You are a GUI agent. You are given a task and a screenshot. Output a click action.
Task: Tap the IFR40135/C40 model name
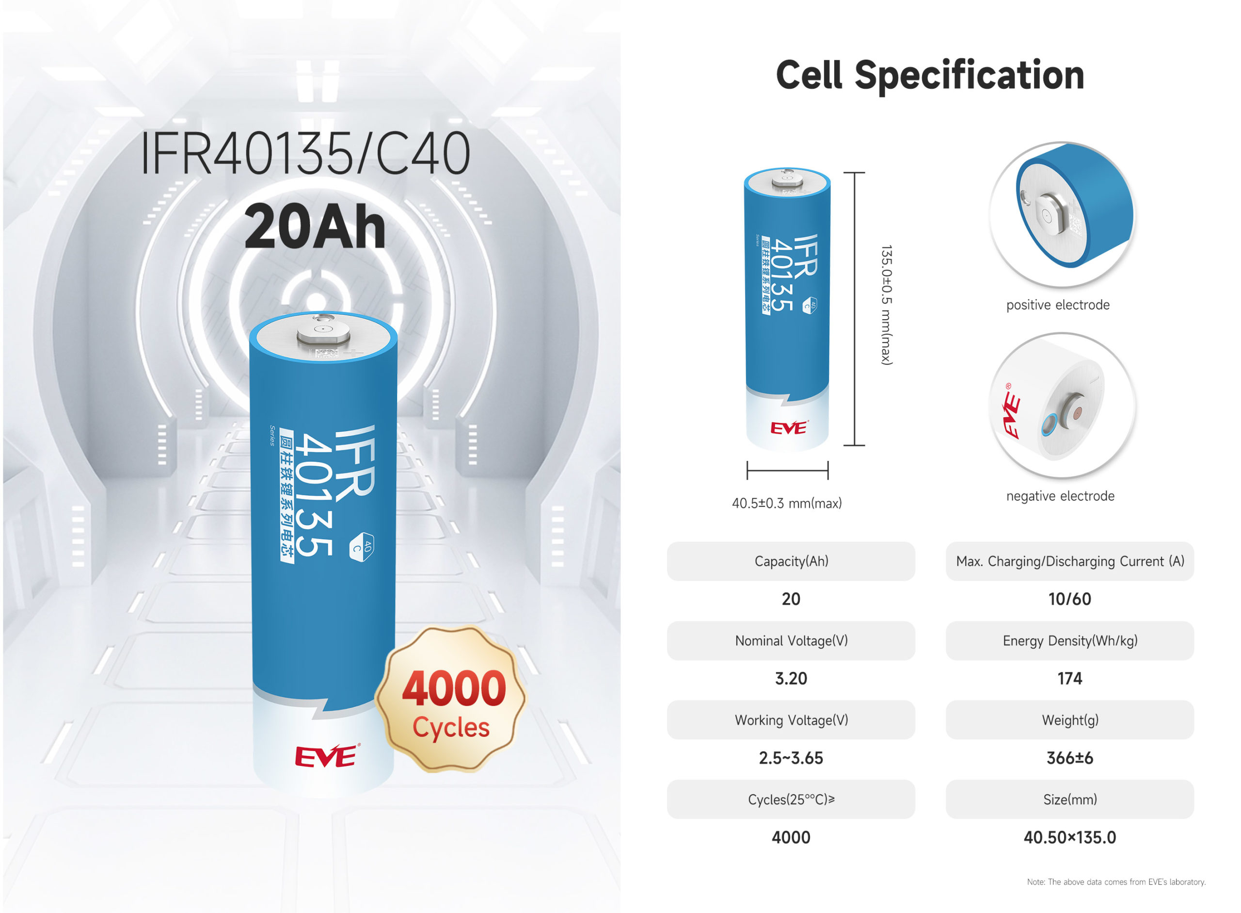click(x=305, y=153)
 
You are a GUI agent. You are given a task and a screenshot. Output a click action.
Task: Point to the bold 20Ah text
click(x=314, y=226)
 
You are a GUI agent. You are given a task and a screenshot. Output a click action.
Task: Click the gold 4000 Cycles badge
click(x=451, y=699)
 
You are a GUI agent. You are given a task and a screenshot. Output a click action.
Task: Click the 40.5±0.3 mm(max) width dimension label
click(x=786, y=504)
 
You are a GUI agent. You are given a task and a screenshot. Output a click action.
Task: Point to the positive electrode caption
click(x=1058, y=305)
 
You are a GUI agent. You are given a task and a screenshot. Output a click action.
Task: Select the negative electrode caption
click(x=1060, y=496)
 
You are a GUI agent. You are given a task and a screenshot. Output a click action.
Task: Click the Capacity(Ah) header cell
click(x=791, y=561)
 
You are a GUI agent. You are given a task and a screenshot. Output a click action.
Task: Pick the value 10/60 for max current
click(x=1069, y=599)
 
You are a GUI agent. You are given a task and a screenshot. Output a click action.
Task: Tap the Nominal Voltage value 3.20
click(x=791, y=679)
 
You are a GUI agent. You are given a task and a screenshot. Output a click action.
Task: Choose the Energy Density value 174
click(x=1069, y=679)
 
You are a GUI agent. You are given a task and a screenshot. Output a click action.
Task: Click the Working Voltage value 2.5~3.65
click(x=791, y=758)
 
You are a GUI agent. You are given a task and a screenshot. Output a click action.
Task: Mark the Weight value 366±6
click(x=1069, y=758)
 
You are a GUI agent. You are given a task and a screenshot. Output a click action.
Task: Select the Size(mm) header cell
click(x=1069, y=799)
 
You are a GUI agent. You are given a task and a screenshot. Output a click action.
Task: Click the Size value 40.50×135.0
click(x=1069, y=838)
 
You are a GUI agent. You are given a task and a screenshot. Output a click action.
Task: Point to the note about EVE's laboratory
click(x=1115, y=882)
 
